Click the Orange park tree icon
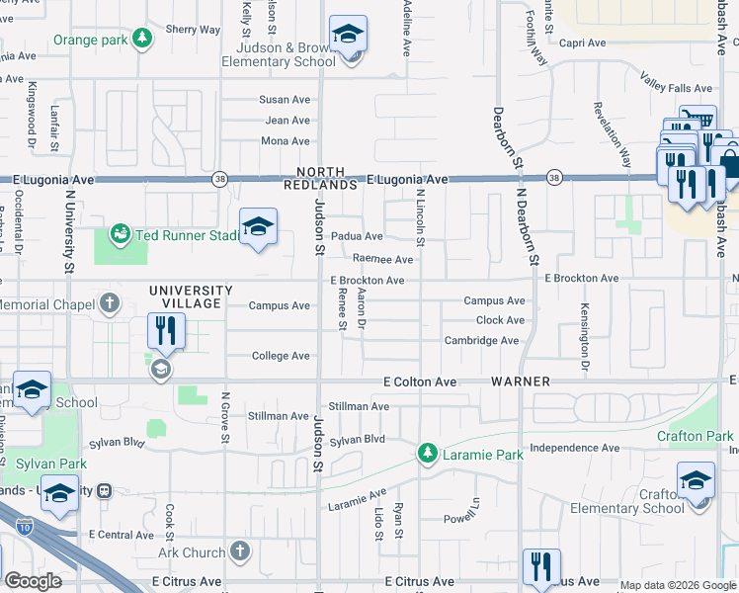144,39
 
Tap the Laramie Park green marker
427,455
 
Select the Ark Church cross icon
239,551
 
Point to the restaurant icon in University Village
165,331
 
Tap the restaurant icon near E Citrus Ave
541,567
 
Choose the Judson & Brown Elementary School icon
347,35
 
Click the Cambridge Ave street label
481,341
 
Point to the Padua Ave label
357,236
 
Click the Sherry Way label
194,30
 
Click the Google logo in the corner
33,581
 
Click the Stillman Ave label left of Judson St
279,416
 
